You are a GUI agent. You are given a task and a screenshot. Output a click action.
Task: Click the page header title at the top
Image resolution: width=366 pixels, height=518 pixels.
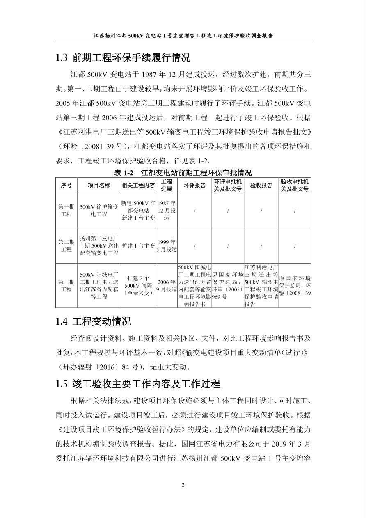pos(183,35)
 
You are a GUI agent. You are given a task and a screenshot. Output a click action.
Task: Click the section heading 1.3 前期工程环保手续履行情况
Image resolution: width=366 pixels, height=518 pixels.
pos(123,58)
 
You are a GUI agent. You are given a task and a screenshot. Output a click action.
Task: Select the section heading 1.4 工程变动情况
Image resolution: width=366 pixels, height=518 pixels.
pos(93,321)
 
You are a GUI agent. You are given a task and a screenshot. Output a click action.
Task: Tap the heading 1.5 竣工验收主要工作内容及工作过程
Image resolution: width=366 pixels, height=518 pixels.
pos(138,384)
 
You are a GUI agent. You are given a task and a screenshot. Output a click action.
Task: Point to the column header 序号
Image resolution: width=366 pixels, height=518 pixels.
pos(66,186)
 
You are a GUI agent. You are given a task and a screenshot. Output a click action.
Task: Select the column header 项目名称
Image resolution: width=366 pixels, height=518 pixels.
pos(99,186)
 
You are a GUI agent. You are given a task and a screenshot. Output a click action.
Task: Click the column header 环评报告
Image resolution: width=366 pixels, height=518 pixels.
pos(194,186)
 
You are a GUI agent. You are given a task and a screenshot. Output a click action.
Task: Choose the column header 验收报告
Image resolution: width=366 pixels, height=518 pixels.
pos(261,186)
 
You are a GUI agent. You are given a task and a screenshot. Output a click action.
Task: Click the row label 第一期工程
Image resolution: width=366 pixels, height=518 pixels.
pos(66,211)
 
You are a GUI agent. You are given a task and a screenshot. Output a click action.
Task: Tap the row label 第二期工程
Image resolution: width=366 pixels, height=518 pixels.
pos(66,245)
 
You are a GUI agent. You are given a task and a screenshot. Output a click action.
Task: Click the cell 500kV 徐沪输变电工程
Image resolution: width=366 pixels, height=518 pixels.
pos(99,211)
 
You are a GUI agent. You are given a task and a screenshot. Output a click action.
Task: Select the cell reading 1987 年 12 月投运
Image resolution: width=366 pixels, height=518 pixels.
pos(166,211)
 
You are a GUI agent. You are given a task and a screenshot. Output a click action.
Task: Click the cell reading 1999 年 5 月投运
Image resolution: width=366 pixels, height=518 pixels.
pos(166,245)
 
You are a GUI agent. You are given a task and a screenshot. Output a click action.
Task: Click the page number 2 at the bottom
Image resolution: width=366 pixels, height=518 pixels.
pos(183,485)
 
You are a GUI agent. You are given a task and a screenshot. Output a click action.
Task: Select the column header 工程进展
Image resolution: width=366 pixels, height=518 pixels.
pos(166,186)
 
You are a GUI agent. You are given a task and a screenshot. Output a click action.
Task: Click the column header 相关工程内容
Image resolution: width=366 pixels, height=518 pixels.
pos(138,186)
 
